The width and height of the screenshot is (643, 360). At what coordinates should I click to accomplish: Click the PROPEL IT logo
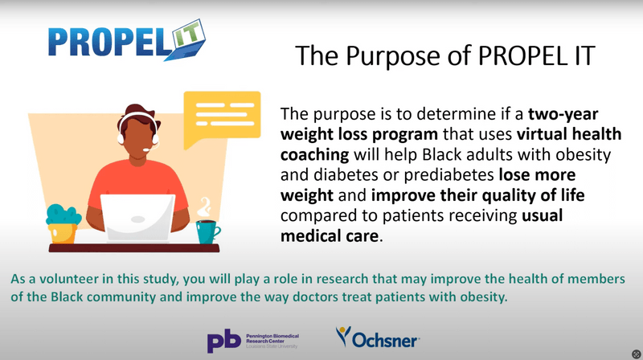point(126,40)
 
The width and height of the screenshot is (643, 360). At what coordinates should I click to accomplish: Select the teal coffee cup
point(207,231)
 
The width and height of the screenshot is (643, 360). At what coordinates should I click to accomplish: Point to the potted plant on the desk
point(63,224)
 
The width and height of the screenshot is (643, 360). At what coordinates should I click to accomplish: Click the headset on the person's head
point(138,128)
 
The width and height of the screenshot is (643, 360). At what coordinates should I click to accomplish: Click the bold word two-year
point(563,114)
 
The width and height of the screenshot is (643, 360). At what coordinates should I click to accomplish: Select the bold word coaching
point(314,155)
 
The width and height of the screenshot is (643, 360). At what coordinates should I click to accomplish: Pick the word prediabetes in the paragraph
point(449,175)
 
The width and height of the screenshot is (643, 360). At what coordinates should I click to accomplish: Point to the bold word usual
point(542,215)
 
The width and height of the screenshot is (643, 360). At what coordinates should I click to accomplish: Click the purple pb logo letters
point(224,342)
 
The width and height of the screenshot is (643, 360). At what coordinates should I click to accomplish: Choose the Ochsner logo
point(378,337)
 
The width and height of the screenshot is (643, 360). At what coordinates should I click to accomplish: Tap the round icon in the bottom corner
point(636,354)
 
